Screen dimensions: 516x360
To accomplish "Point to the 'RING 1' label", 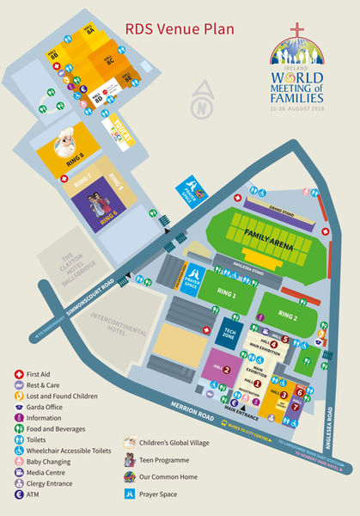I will [x=227, y=294].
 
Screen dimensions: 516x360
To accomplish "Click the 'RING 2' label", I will [x=288, y=316].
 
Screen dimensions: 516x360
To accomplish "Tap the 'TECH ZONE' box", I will [x=230, y=335].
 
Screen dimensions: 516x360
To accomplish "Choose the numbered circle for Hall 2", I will [x=226, y=372].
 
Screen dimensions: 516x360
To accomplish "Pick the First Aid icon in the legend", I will [x=19, y=374].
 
